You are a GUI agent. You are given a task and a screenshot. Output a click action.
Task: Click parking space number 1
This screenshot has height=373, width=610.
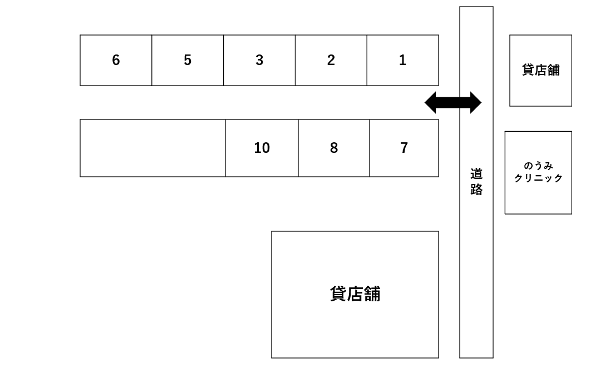tap(402, 60)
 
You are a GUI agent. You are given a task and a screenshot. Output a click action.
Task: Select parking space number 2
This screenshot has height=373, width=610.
tap(331, 60)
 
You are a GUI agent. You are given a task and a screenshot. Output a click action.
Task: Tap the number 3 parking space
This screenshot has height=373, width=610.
tap(259, 60)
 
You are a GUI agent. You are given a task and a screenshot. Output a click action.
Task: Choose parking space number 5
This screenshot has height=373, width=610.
tap(188, 60)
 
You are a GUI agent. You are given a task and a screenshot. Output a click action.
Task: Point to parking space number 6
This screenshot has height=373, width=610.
tap(116, 60)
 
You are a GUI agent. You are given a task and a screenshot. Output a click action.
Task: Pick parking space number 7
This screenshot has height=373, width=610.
tap(404, 148)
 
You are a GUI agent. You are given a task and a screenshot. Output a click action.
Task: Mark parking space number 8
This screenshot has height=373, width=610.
tap(334, 148)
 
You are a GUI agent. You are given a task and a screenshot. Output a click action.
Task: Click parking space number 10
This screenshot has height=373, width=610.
tap(262, 148)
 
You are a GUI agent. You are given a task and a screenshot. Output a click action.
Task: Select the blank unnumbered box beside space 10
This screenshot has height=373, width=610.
tap(152, 148)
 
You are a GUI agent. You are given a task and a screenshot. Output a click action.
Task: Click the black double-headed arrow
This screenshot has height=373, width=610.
tap(453, 103)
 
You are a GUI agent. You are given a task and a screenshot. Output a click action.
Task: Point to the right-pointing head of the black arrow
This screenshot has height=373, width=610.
tap(475, 103)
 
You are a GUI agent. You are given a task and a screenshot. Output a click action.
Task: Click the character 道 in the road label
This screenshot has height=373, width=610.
tap(476, 174)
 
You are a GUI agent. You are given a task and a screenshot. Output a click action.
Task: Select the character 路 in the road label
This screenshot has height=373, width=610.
tap(476, 190)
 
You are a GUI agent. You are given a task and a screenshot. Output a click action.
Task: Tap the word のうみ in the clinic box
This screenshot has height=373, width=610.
tap(538, 166)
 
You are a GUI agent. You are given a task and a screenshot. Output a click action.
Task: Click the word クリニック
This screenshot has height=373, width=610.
tap(538, 178)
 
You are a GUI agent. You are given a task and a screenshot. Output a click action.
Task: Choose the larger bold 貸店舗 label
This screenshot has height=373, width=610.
tap(355, 294)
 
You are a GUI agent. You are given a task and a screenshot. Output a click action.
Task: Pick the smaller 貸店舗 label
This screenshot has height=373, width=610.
tap(540, 70)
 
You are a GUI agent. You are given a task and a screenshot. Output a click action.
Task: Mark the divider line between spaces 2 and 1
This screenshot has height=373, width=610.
tap(367, 60)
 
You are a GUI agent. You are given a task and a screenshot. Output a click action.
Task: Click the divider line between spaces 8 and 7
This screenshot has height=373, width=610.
tap(370, 148)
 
